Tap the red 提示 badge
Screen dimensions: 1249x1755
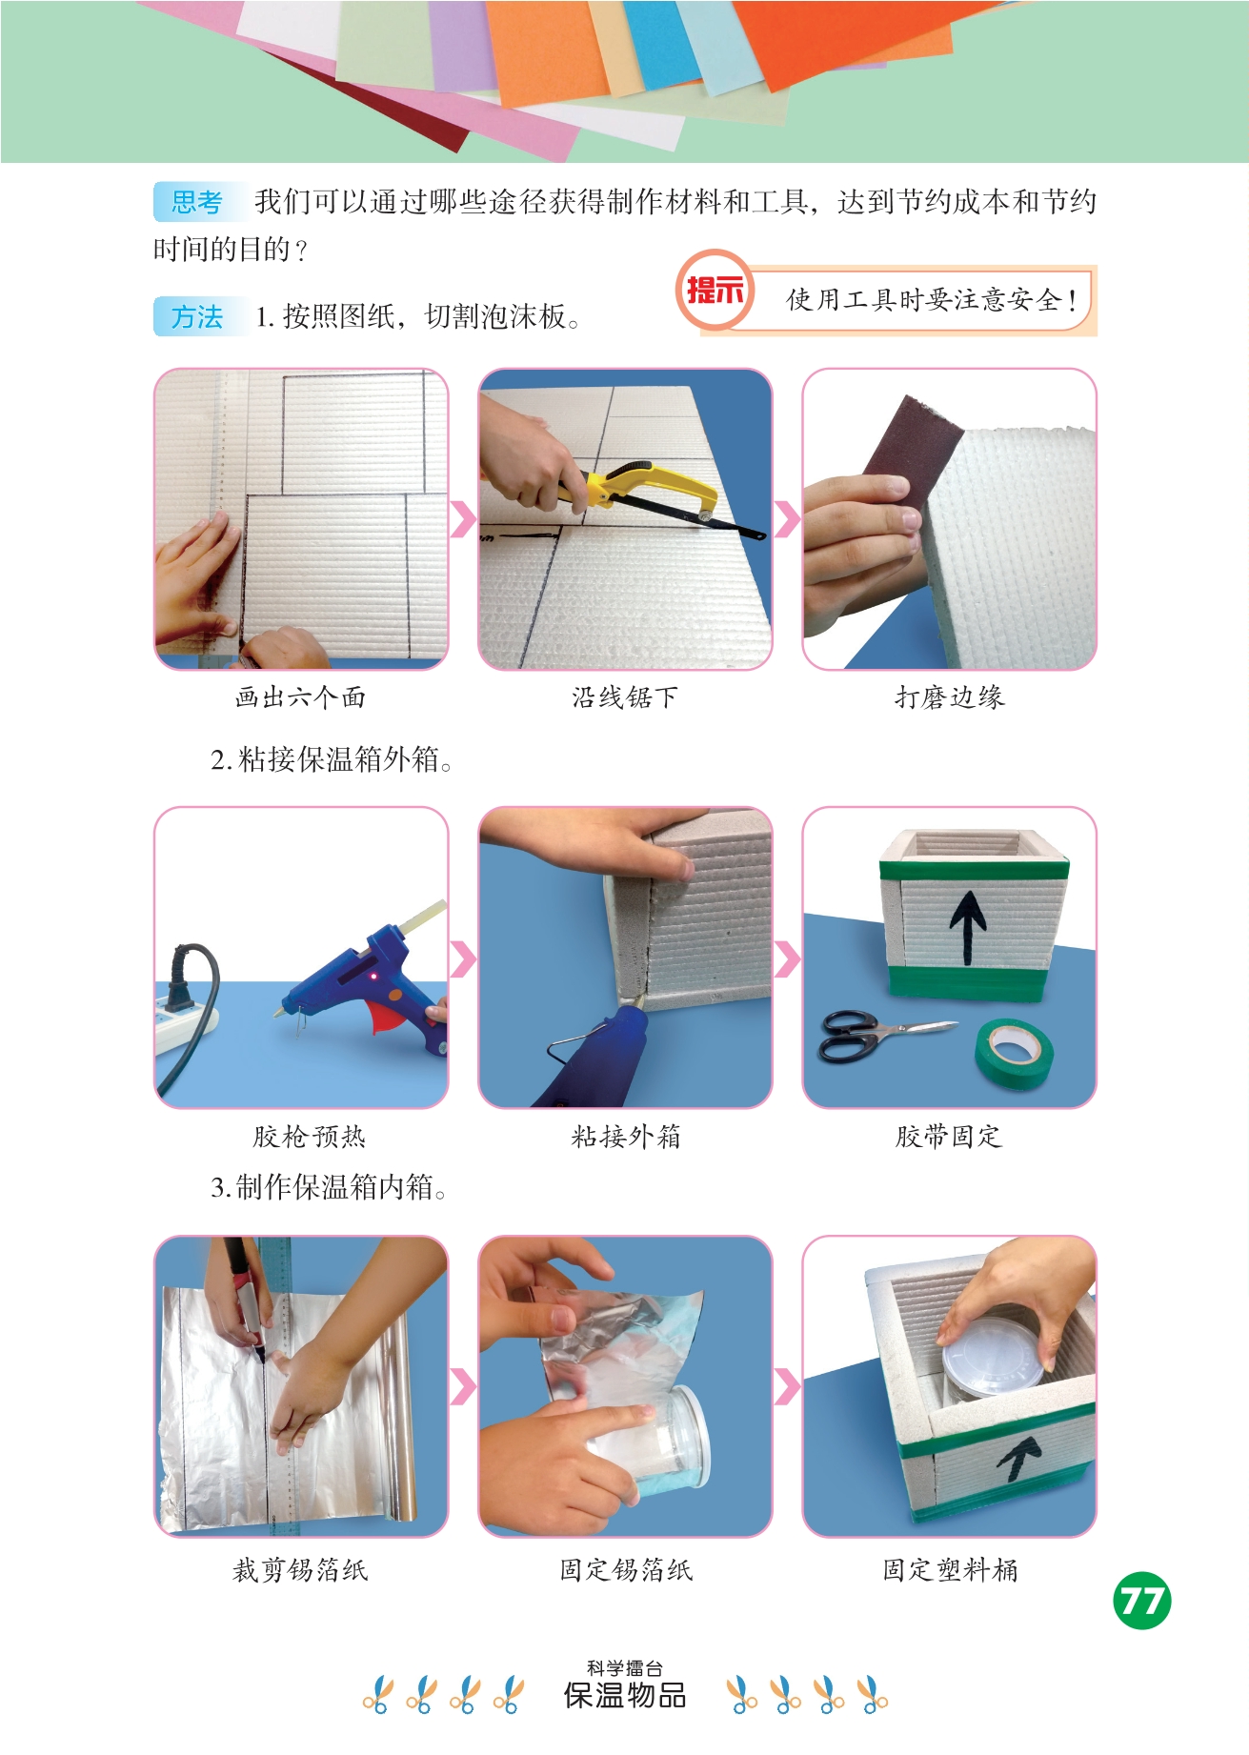point(715,290)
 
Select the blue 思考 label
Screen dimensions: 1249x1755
point(196,202)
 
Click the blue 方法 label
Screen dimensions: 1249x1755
point(196,316)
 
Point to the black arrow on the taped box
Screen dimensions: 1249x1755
point(967,926)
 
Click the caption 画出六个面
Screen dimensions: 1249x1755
point(300,697)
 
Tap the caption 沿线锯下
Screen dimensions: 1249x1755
point(625,697)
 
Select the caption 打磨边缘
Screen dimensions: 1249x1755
point(949,697)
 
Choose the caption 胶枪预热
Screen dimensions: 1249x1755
point(309,1136)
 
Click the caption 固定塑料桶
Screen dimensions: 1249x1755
point(950,1569)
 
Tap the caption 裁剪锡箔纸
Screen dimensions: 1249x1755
point(300,1569)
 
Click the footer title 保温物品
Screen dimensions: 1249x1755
point(625,1696)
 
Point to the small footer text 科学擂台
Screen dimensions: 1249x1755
point(625,1668)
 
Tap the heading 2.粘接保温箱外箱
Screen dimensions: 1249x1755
point(332,759)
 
